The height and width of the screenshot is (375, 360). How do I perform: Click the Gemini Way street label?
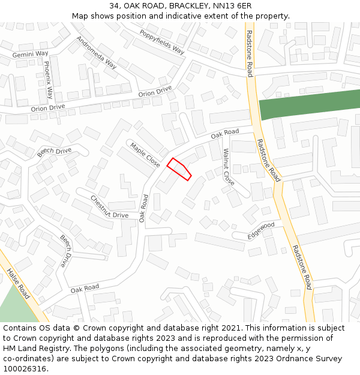(x=31, y=54)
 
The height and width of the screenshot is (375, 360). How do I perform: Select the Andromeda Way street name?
(x=97, y=52)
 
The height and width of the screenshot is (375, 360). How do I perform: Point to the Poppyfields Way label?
(x=161, y=42)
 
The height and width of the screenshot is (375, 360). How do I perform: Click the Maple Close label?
(x=145, y=155)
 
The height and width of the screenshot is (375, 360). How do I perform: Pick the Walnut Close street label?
(x=229, y=166)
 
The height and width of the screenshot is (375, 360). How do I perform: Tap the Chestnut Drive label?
(x=110, y=206)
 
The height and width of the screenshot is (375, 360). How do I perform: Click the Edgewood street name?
(x=261, y=230)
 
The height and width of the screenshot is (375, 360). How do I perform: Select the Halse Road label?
(x=18, y=283)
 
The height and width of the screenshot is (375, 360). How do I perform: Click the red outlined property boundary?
(x=179, y=169)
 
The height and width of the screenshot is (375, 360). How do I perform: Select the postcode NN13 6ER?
(x=232, y=6)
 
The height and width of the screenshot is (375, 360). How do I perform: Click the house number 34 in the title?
(x=115, y=6)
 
